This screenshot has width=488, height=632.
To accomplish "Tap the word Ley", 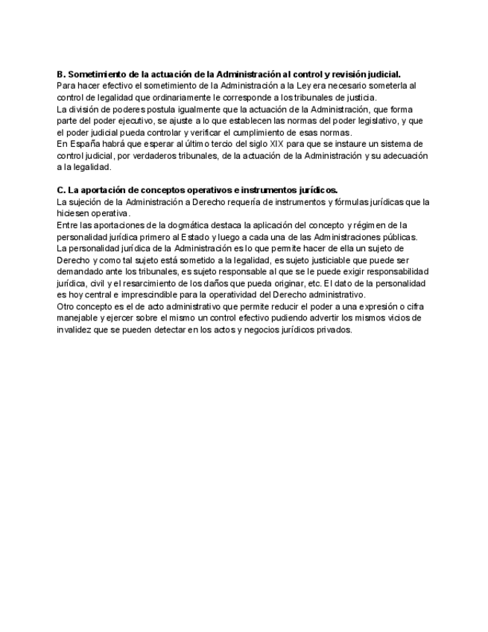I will coord(305,86).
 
